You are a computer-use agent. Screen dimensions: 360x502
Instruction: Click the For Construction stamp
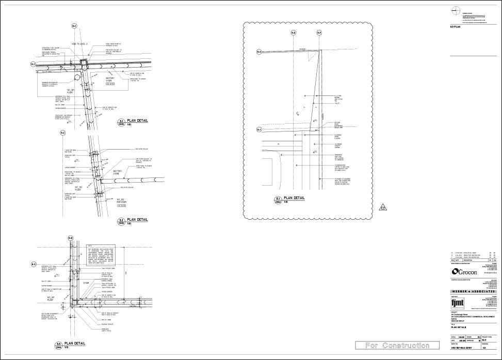[x=392, y=345]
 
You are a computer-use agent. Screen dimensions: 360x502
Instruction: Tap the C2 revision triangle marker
[x=383, y=208]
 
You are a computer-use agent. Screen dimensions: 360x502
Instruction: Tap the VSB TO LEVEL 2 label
[x=81, y=44]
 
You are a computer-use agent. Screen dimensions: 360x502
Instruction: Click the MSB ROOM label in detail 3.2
[x=122, y=202]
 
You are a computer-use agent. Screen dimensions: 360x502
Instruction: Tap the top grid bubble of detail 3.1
[x=74, y=26]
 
